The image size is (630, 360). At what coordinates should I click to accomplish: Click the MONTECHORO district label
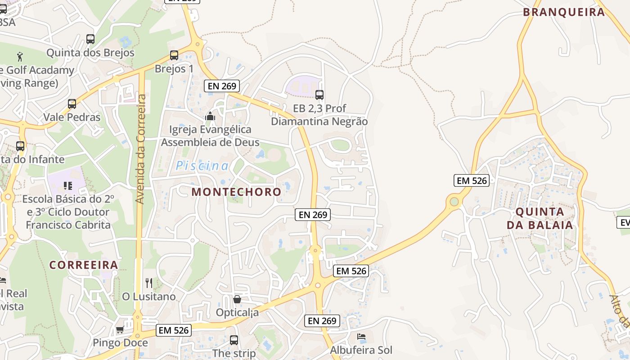tap(236, 192)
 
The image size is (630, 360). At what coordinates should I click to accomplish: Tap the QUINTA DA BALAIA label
tap(540, 218)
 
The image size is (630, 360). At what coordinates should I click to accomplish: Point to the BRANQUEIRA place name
tap(564, 12)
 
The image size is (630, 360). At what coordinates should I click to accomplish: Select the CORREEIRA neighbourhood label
tap(84, 265)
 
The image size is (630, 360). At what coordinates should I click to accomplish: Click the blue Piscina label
tap(202, 166)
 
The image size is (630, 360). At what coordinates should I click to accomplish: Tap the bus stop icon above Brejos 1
tap(174, 55)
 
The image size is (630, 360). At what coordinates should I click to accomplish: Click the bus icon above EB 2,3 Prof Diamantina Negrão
tap(319, 95)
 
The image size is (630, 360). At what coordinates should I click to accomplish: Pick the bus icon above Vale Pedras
tap(72, 104)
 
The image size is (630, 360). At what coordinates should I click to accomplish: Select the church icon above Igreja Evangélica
tap(210, 117)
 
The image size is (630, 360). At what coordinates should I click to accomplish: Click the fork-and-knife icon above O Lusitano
tap(149, 283)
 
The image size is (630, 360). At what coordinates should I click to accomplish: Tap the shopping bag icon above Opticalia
tap(237, 299)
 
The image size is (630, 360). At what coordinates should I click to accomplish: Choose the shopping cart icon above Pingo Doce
tap(120, 329)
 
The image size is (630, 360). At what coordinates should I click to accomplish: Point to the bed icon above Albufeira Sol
tap(361, 337)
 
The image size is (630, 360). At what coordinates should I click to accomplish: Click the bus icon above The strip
tap(234, 340)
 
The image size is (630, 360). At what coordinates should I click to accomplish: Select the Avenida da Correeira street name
tap(141, 148)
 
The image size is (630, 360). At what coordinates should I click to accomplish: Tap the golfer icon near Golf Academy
tap(20, 57)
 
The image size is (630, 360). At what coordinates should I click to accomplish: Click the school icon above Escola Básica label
tap(68, 185)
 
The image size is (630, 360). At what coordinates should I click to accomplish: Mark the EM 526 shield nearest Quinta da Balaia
tap(471, 180)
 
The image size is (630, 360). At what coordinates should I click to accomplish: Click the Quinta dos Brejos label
tap(90, 53)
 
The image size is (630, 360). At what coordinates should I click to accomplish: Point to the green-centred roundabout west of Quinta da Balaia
tap(454, 202)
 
